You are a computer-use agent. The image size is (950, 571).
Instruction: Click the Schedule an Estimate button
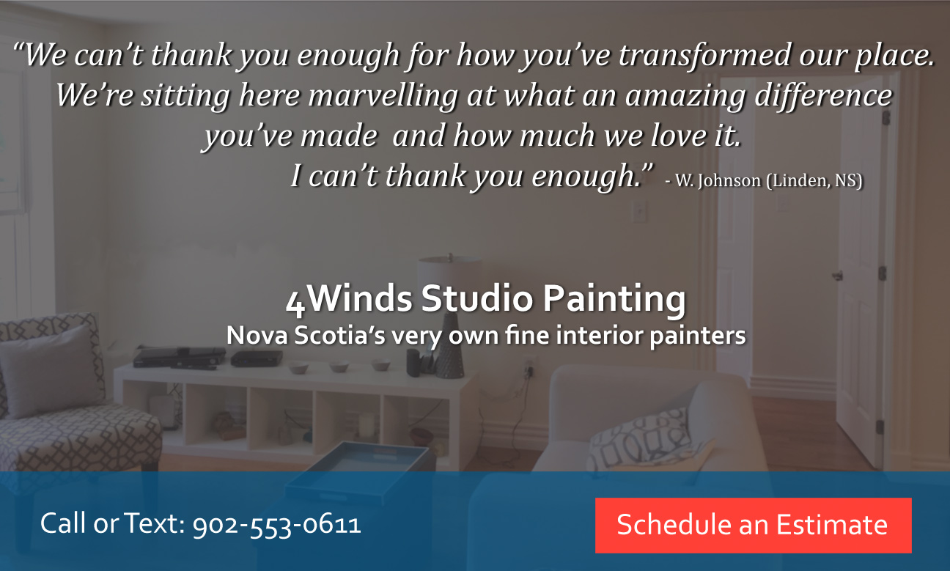click(753, 525)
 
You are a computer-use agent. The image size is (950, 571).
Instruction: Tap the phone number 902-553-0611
click(276, 525)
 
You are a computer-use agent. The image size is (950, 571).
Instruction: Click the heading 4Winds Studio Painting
click(486, 300)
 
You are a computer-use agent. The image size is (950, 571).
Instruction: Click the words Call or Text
click(112, 525)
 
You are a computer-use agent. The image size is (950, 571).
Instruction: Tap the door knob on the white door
click(837, 276)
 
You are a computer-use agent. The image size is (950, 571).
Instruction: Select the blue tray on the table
click(359, 469)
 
